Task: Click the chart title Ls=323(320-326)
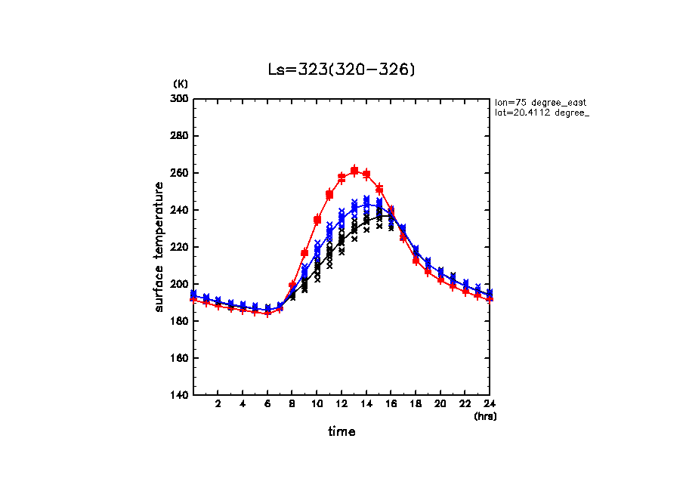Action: click(341, 69)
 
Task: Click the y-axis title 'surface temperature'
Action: click(159, 246)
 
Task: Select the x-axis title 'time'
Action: click(341, 432)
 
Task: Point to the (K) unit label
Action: click(181, 83)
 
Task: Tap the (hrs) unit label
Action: click(485, 415)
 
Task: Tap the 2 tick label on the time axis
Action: click(218, 405)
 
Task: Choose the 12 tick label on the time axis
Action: click(341, 405)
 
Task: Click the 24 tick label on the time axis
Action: click(490, 405)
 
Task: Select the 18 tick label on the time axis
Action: click(416, 405)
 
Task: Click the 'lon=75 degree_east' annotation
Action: click(540, 102)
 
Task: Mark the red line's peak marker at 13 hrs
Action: click(354, 171)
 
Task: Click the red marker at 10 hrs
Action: click(317, 220)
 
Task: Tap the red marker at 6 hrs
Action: click(267, 313)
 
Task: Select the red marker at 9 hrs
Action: click(304, 252)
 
